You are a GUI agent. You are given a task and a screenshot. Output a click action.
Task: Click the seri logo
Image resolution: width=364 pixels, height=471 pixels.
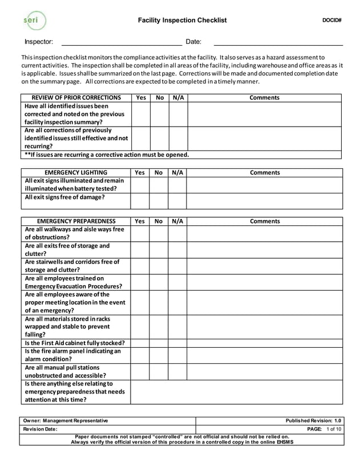[35, 21]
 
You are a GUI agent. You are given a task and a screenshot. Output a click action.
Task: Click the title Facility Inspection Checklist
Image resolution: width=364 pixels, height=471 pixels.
[182, 21]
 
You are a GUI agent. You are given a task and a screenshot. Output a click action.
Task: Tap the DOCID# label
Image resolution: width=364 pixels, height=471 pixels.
[331, 21]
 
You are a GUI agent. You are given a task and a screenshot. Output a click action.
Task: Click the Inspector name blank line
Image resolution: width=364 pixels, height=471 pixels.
[121, 42]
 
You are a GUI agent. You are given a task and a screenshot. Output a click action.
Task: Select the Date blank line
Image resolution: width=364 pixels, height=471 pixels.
[278, 42]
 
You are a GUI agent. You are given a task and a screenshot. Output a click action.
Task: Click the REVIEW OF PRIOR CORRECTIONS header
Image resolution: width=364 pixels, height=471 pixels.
[76, 98]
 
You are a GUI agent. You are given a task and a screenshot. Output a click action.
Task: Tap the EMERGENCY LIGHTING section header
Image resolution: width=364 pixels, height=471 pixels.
[76, 173]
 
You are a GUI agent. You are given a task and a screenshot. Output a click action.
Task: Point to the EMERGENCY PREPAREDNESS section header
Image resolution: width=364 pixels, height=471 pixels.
[76, 221]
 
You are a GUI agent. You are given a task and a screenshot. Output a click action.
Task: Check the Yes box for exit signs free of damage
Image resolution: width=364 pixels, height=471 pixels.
[140, 201]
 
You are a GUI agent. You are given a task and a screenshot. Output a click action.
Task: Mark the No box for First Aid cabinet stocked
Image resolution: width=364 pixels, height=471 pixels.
[159, 343]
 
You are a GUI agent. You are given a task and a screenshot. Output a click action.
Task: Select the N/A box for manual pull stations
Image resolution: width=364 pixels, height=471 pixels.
[177, 372]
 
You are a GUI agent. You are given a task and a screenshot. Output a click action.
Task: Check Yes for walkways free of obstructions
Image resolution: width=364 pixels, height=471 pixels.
[140, 234]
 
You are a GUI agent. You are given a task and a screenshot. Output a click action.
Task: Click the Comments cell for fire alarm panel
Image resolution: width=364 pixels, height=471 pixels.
[265, 355]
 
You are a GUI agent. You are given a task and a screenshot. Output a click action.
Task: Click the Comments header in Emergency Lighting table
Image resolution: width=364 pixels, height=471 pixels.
[265, 173]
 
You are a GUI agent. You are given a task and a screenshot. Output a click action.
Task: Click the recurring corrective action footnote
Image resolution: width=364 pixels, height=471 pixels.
[107, 155]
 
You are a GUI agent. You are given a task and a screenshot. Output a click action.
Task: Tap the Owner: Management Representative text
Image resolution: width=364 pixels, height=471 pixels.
[65, 421]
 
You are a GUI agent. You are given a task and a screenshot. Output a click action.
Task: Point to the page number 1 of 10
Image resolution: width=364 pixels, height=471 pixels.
[334, 429]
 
